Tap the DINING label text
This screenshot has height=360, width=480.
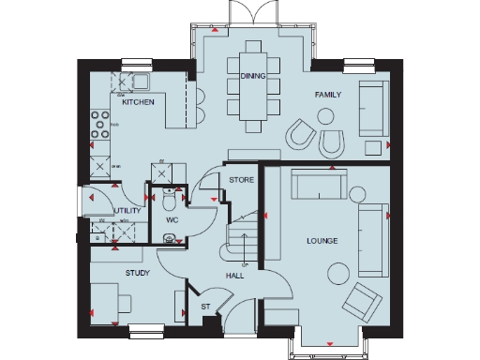[251, 76]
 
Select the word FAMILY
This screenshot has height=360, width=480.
[327, 95]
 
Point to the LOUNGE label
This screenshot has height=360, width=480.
[322, 241]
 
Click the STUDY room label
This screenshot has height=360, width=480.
[139, 273]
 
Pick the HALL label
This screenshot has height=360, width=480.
[235, 275]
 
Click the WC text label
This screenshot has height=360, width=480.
[172, 220]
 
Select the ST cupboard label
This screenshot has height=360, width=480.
[205, 307]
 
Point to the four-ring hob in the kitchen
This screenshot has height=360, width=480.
[97, 123]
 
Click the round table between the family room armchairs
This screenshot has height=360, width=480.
[325, 117]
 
